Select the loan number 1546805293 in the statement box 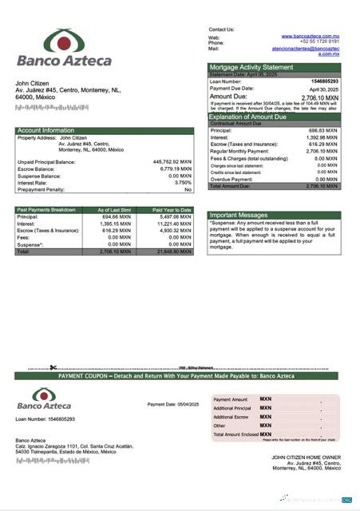(x=324, y=81)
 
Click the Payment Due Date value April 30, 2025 (x=326, y=89)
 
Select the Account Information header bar (x=105, y=130)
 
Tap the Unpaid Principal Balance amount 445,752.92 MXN (x=172, y=161)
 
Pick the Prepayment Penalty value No (x=188, y=189)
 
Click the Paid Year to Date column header (x=172, y=210)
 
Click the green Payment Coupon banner (x=176, y=375)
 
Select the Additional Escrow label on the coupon (x=232, y=417)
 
